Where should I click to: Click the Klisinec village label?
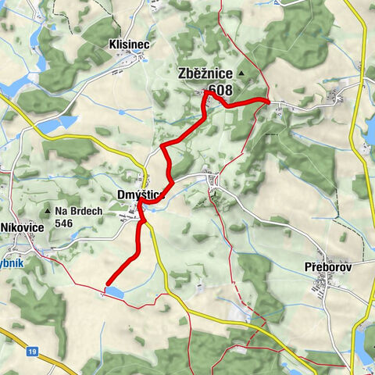click(x=124, y=45)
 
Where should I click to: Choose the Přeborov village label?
click(x=328, y=266)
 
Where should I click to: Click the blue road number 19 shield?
click(x=32, y=352)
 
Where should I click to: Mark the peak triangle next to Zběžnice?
click(x=241, y=74)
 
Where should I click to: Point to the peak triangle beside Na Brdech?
click(x=49, y=211)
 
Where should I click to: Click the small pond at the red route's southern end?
click(x=113, y=291)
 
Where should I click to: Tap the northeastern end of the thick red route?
click(x=268, y=101)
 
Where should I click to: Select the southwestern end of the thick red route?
click(x=106, y=283)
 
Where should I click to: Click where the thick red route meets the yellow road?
click(x=142, y=202)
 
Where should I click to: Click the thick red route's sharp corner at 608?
click(x=206, y=92)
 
